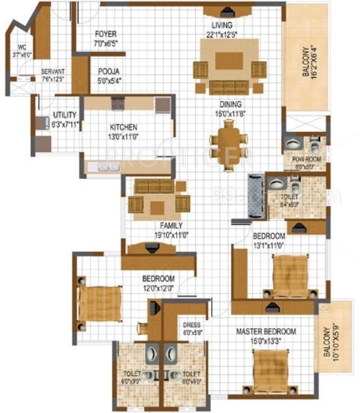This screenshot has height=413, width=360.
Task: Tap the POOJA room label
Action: (109, 72)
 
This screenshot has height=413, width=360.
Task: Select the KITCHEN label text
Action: (123, 127)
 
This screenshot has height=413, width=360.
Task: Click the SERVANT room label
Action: (53, 72)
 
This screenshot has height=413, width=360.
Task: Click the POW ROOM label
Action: (304, 159)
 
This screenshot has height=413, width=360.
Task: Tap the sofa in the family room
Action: (155, 187)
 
